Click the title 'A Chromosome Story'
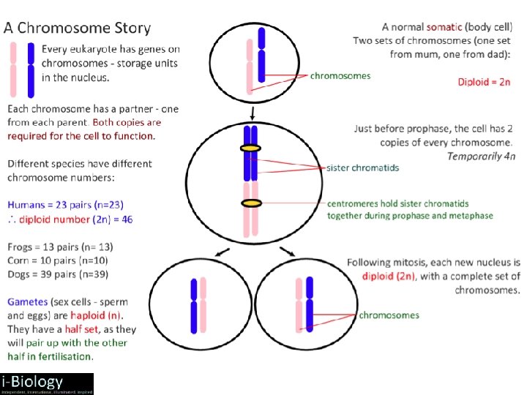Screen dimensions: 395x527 click(x=78, y=29)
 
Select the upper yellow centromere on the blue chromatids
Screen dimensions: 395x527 click(x=251, y=148)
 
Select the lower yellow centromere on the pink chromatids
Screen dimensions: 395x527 click(x=252, y=203)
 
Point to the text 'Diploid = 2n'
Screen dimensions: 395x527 click(x=484, y=82)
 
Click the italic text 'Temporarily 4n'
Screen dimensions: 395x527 click(x=482, y=156)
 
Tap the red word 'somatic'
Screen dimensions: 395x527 click(x=444, y=26)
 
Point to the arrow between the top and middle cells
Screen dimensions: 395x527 click(x=252, y=113)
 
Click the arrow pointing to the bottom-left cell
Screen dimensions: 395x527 click(x=223, y=255)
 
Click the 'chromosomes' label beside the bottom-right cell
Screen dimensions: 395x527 click(x=389, y=315)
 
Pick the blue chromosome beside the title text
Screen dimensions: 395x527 click(x=30, y=69)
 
